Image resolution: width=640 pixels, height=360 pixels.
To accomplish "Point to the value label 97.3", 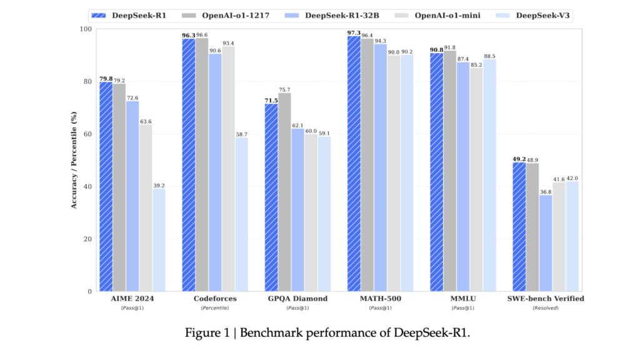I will point(353,32).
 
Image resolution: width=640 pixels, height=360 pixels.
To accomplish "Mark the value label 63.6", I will point(146,121).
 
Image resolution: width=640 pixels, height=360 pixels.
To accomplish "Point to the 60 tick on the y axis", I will point(86,134).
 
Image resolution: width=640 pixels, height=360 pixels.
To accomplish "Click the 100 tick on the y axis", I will point(84,29).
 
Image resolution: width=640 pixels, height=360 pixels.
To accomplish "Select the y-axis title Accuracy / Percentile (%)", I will point(74,160).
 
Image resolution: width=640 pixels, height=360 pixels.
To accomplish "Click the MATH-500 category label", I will point(381,299).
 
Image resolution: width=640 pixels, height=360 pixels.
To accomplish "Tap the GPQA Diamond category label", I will point(297,299).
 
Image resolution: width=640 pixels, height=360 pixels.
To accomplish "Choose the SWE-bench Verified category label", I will point(546,299).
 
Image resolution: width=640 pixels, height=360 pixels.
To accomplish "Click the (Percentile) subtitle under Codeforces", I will point(215,308).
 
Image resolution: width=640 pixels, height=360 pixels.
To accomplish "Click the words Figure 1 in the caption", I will point(203,332).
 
